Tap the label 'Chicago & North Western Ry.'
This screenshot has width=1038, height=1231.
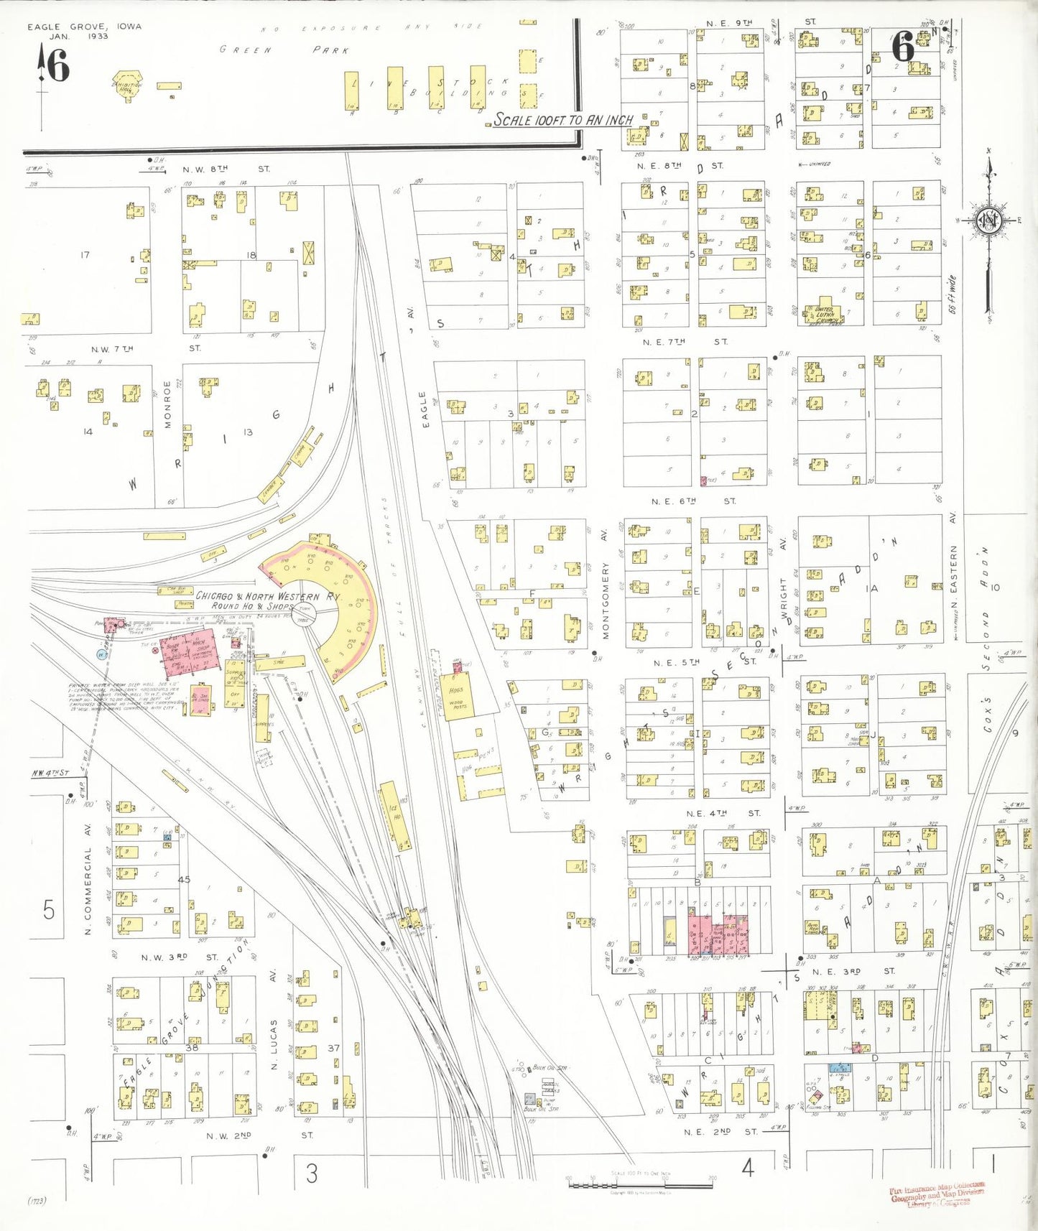[x=269, y=596]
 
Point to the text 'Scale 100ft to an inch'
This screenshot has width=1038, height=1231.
[x=563, y=120]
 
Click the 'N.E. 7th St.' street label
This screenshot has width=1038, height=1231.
[x=685, y=342]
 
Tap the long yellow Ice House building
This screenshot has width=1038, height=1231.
[x=396, y=816]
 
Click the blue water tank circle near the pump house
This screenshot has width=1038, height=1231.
[x=102, y=654]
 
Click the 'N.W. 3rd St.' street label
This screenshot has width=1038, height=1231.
[x=179, y=957]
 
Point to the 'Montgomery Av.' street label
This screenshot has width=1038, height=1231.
[x=606, y=588]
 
